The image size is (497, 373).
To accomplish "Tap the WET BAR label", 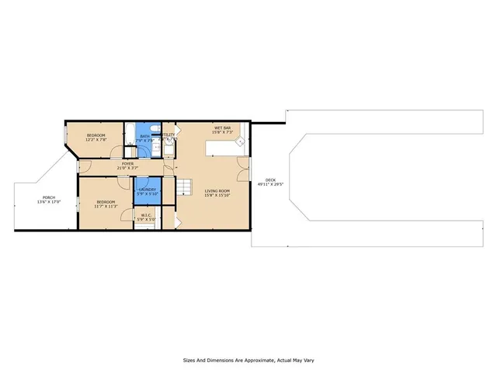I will pyautogui.click(x=223, y=127).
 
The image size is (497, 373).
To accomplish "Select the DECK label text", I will pyautogui.click(x=270, y=180).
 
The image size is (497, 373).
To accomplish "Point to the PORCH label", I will pyautogui.click(x=48, y=197).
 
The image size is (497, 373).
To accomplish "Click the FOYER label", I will pyautogui.click(x=127, y=163).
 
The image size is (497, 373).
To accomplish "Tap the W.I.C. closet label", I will pyautogui.click(x=145, y=217).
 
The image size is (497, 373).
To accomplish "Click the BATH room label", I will pyautogui.click(x=144, y=136).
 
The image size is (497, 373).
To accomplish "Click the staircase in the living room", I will pyautogui.click(x=185, y=187).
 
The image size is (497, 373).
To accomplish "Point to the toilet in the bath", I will pyautogui.click(x=156, y=129).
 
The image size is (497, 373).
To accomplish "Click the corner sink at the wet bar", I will pyautogui.click(x=241, y=142).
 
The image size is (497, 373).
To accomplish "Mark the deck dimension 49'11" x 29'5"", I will pyautogui.click(x=270, y=185).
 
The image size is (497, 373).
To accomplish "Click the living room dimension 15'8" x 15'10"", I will pyautogui.click(x=217, y=195).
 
